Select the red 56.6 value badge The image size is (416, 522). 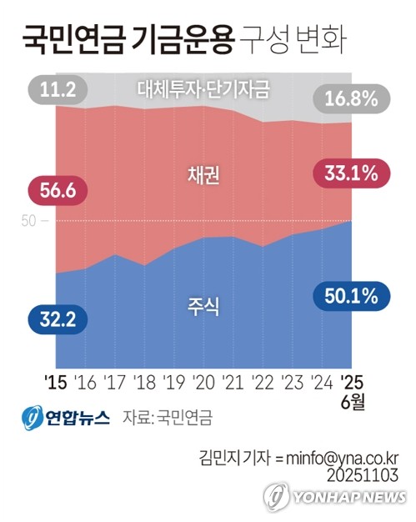(58, 191)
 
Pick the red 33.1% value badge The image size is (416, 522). (346, 174)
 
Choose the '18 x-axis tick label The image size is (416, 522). (143, 383)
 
